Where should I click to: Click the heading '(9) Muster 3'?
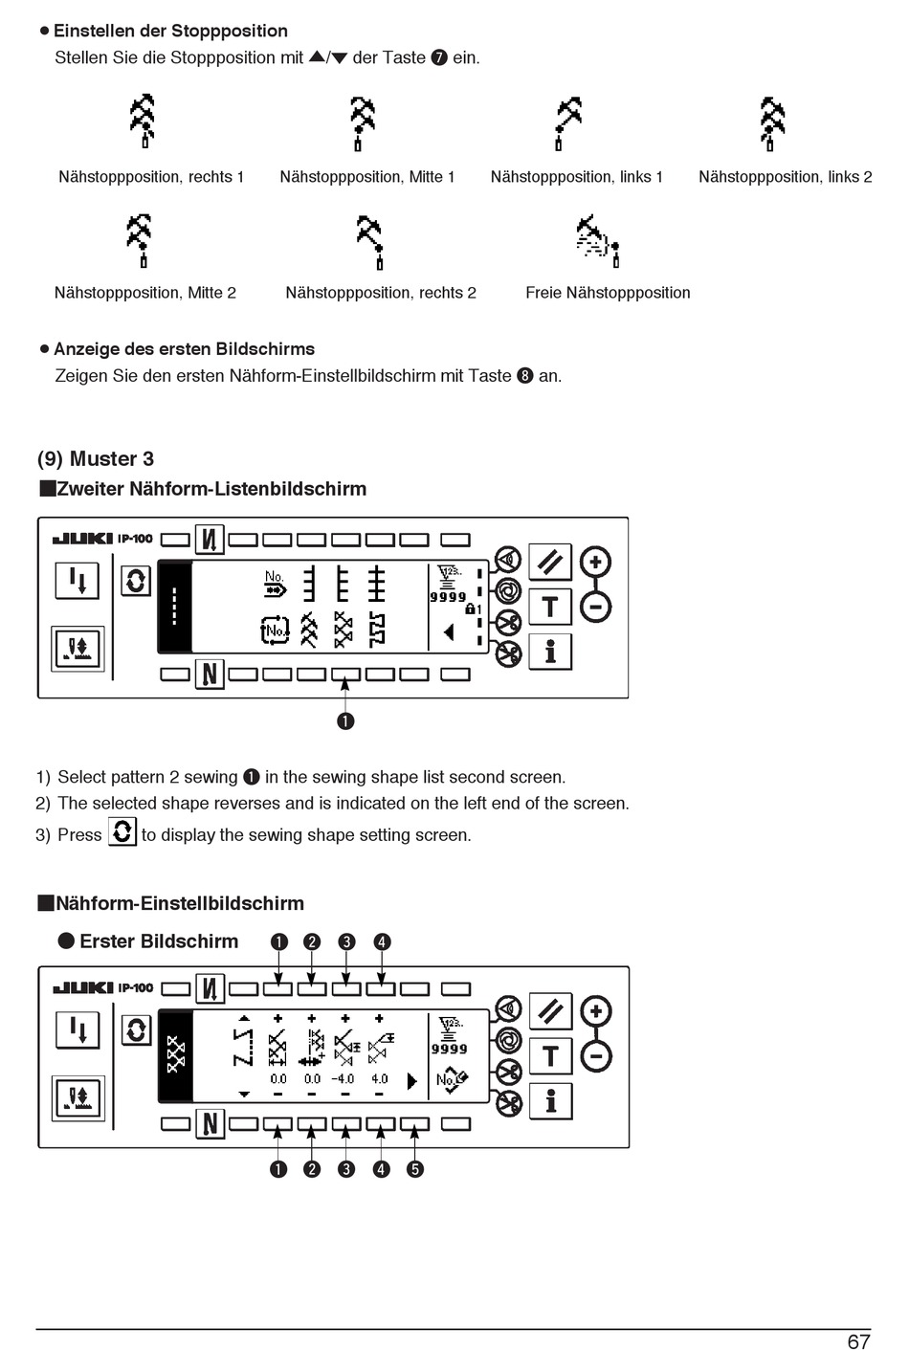tap(96, 459)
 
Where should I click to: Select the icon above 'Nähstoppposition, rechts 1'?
tap(143, 122)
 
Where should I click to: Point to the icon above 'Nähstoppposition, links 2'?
tap(771, 123)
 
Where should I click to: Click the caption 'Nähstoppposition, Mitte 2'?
tap(145, 293)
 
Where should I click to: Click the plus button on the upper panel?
tap(595, 562)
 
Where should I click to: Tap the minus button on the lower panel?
tap(595, 1056)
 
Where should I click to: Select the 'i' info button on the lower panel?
tap(550, 1101)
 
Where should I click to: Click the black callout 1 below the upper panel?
tap(345, 720)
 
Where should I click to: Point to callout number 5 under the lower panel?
tap(414, 1169)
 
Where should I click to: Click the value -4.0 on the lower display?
tap(343, 1079)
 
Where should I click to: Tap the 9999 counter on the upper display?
tap(448, 597)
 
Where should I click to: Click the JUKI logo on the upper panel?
tap(83, 539)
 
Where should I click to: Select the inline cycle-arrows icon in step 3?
tap(122, 831)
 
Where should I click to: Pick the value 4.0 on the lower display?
tap(380, 1079)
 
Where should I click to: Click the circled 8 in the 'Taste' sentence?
tap(524, 376)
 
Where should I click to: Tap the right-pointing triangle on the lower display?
tap(412, 1081)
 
